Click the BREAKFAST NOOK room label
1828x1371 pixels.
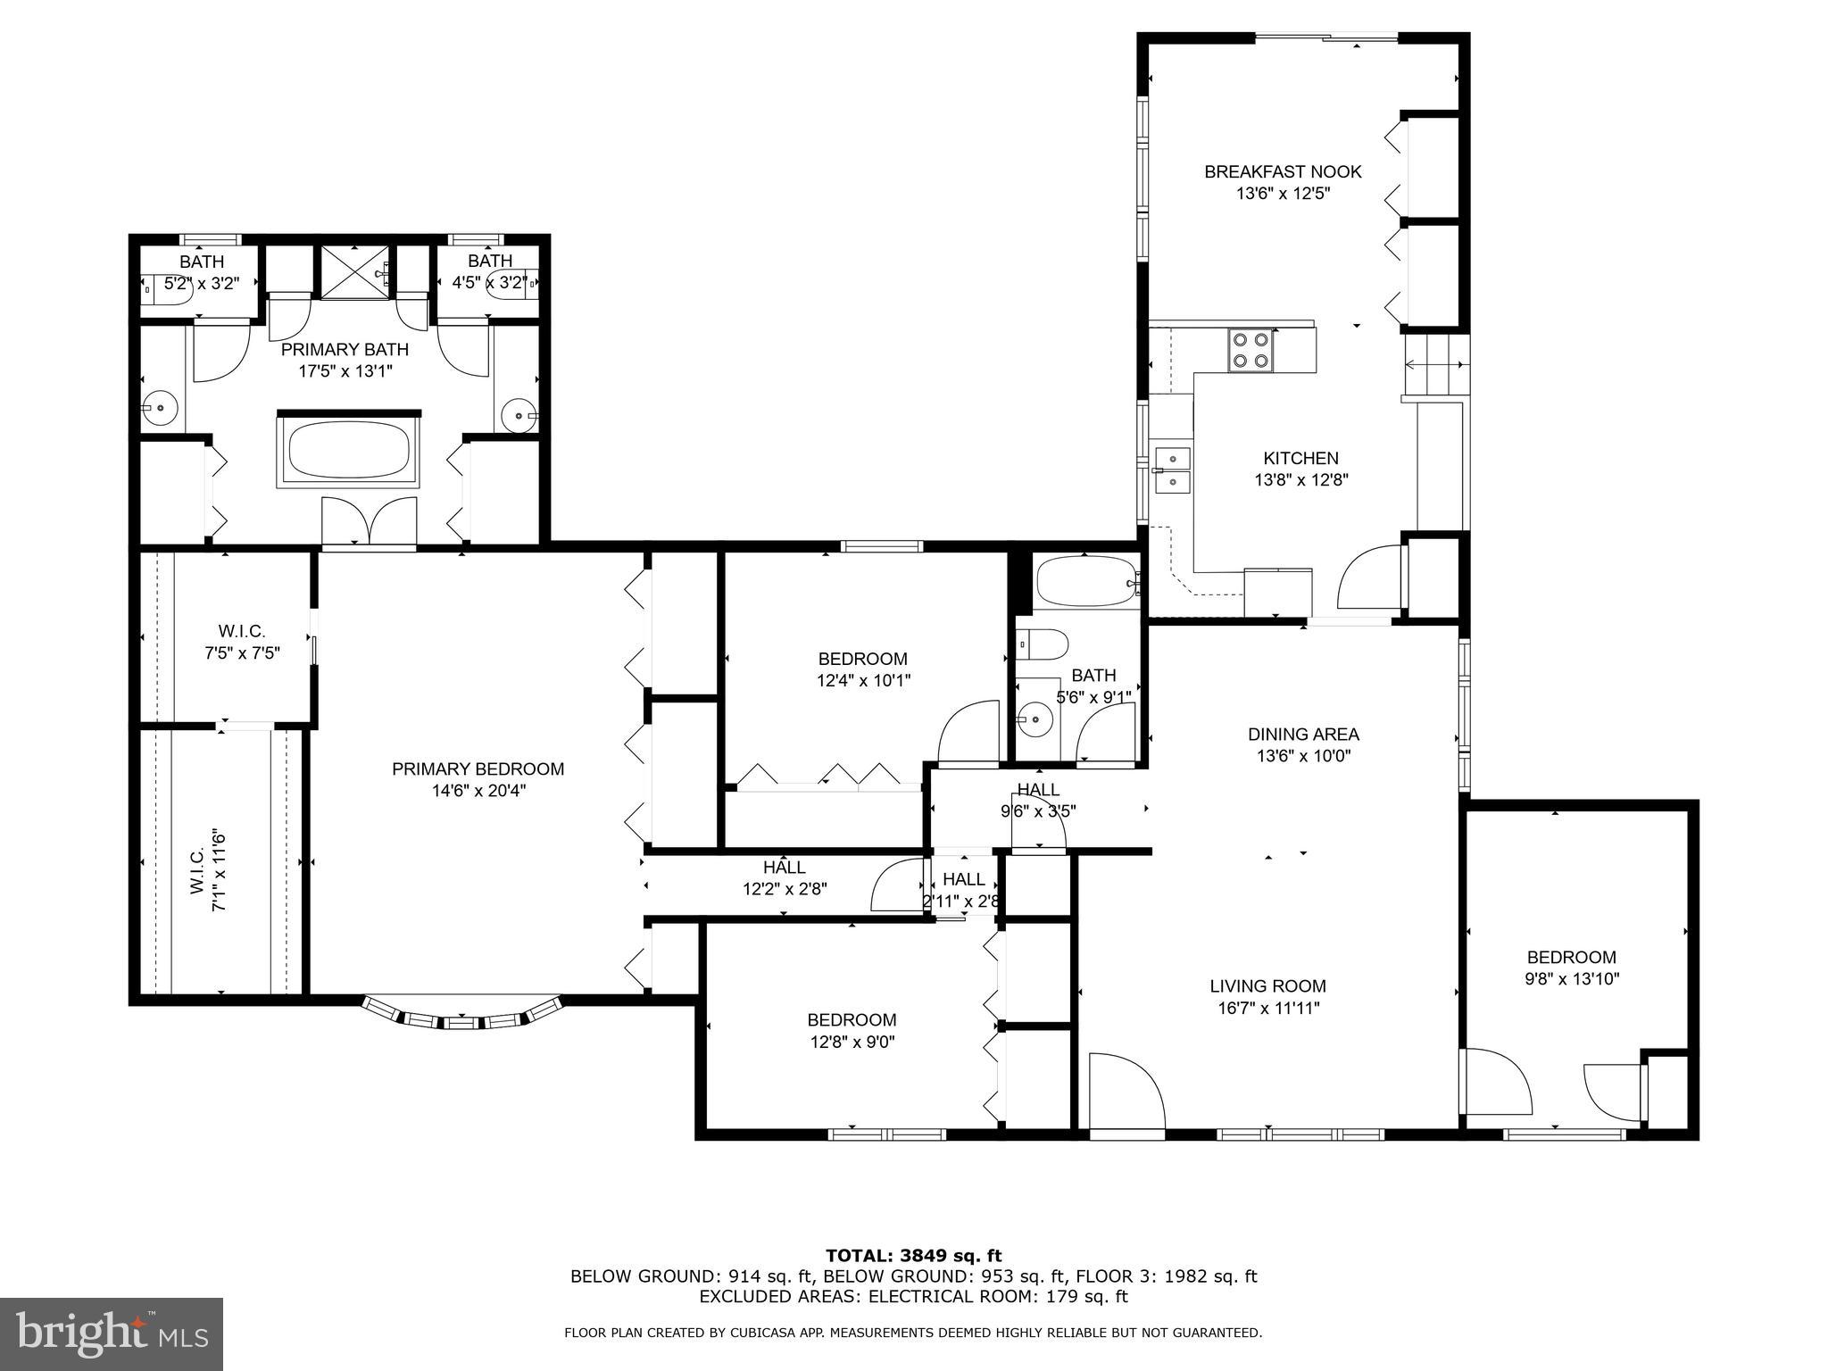1283,171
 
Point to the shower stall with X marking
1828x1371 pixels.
354,271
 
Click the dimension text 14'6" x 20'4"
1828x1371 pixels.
478,790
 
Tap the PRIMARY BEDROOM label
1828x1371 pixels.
478,769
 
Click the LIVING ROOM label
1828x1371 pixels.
1267,986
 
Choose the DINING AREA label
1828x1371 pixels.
1303,735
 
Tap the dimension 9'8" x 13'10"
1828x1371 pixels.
1571,978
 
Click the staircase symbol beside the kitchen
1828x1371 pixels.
1435,364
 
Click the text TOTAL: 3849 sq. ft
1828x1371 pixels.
913,1256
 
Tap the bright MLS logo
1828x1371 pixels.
112,1334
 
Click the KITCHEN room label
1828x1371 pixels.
1300,458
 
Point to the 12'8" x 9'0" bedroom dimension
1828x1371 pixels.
852,1041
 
